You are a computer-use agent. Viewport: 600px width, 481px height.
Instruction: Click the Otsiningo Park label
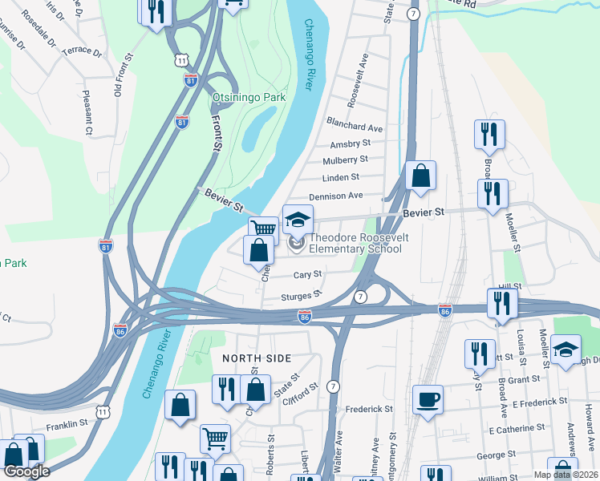(x=249, y=97)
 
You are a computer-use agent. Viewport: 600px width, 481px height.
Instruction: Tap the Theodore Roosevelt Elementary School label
(x=355, y=243)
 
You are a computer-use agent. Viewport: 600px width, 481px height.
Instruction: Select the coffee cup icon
(x=428, y=398)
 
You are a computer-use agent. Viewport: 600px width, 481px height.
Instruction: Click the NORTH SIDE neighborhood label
(x=257, y=358)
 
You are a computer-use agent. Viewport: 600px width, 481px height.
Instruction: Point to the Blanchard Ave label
(x=354, y=127)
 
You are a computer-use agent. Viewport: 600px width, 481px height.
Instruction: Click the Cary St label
(x=307, y=273)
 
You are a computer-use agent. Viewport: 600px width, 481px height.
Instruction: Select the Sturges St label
(x=301, y=296)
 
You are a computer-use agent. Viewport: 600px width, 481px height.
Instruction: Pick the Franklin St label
(x=67, y=424)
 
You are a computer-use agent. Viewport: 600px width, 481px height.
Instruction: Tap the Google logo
(x=26, y=471)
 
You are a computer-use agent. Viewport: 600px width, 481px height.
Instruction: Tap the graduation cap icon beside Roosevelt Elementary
(x=297, y=219)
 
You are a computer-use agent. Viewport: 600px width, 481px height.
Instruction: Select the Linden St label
(x=341, y=177)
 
